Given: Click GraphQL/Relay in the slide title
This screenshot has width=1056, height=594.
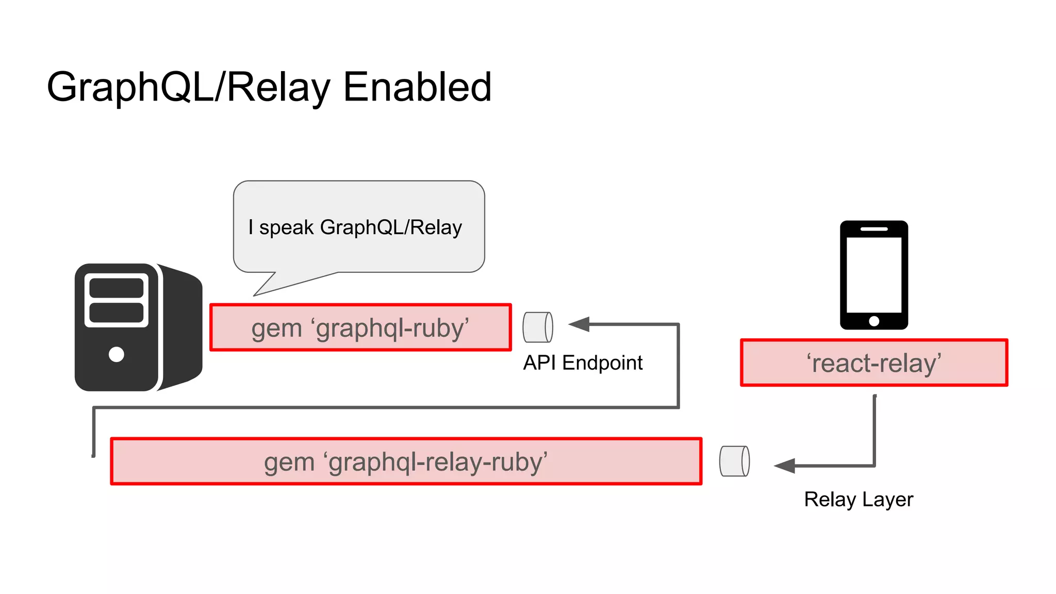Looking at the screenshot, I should (x=189, y=87).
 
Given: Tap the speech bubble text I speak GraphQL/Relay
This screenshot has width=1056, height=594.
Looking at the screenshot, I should (x=355, y=227).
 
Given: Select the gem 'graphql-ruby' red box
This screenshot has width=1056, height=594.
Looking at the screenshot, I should (x=360, y=327).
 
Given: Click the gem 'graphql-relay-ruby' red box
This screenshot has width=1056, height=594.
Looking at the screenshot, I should (x=406, y=461).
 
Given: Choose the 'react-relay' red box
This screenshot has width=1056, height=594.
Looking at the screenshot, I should (x=873, y=362).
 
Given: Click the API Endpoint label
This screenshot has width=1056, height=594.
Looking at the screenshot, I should (x=583, y=362).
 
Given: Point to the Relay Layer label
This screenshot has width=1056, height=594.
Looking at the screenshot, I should (x=858, y=499).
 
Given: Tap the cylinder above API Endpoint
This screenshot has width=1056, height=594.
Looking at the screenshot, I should (x=538, y=327).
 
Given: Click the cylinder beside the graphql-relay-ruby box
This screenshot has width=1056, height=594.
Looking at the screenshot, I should (x=734, y=461).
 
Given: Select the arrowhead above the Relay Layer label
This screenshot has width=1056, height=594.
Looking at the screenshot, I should (x=785, y=466).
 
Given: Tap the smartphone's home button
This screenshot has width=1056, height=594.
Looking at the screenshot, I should (x=873, y=321).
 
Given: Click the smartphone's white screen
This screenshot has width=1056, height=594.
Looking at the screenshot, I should (x=873, y=274).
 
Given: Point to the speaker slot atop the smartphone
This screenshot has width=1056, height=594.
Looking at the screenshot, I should (x=873, y=228).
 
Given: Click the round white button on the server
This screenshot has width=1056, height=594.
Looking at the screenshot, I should (x=117, y=354).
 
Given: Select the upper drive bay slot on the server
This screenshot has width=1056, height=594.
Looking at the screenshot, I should (x=117, y=288).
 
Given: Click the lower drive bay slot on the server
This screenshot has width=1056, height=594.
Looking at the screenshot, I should (x=117, y=312).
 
